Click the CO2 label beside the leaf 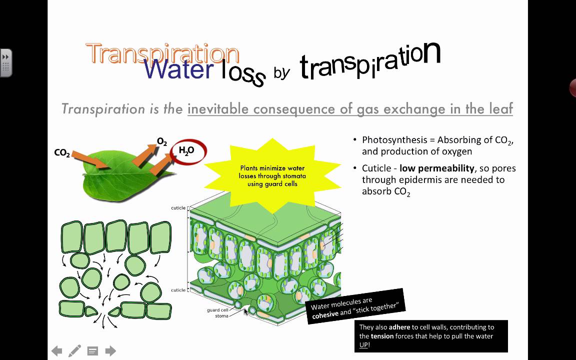(x=62, y=153)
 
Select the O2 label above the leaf (x=162, y=142)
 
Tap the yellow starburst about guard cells (x=272, y=176)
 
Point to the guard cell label (x=217, y=310)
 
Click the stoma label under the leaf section (x=221, y=316)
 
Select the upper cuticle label (x=178, y=208)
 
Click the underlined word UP (x=363, y=345)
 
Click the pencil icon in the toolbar (x=74, y=351)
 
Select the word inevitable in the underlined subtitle (x=218, y=108)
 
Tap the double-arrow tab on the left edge (x=5, y=62)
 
